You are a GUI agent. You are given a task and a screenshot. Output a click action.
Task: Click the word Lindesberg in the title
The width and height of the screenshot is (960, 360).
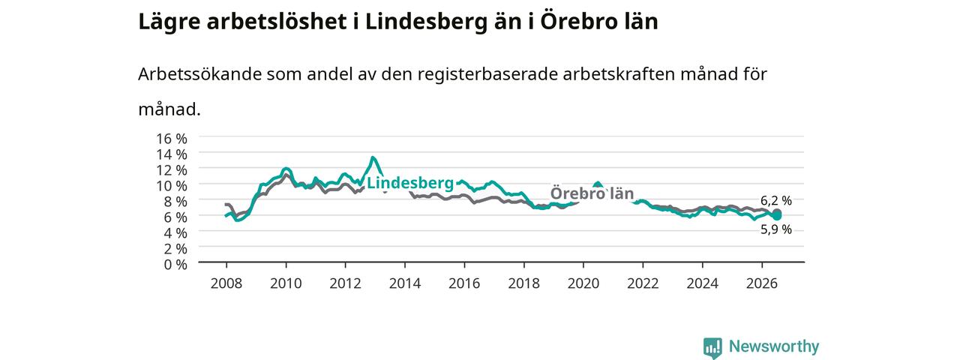[426, 22]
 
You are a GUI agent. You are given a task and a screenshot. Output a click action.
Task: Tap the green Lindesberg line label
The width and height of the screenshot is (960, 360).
[410, 183]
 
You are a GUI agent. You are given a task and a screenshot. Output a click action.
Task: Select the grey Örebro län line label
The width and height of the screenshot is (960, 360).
[592, 193]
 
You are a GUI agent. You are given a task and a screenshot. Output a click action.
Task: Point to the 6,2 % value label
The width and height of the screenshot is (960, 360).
[776, 200]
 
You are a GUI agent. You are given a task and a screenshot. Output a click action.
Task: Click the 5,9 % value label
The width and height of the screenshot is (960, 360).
[776, 229]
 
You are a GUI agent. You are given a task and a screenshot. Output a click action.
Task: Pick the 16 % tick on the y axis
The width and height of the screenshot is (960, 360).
[172, 139]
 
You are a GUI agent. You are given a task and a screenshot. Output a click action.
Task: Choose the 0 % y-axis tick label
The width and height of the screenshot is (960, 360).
[175, 265]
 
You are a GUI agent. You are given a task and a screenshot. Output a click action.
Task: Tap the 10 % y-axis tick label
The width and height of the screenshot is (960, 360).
[172, 185]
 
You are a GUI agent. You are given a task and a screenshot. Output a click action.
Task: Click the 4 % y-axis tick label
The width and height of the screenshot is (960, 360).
[175, 232]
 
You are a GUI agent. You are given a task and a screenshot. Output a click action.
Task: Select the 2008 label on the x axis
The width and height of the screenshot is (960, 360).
[226, 283]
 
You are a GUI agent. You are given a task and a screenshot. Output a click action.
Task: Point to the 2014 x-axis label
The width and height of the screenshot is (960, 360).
[405, 283]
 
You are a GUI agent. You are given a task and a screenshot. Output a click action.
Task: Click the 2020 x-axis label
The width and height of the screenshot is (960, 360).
[583, 283]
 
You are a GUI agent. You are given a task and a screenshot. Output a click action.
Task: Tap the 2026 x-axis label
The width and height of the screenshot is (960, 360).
[762, 283]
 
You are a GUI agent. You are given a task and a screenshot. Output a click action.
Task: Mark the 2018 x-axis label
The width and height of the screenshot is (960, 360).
[523, 283]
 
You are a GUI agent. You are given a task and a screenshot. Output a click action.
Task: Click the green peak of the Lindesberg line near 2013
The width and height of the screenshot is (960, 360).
[373, 157]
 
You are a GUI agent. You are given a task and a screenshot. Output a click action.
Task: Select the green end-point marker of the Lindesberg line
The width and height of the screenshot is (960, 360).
[777, 215]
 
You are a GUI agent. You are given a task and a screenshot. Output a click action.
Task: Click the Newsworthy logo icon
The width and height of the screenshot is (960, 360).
[712, 347]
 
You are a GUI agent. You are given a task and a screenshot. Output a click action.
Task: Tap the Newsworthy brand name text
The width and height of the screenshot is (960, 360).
[774, 346]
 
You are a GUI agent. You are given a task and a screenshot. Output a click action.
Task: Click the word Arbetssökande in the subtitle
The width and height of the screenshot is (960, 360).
[199, 74]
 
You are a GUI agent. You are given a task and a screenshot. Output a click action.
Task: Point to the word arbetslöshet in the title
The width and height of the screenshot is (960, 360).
[277, 22]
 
